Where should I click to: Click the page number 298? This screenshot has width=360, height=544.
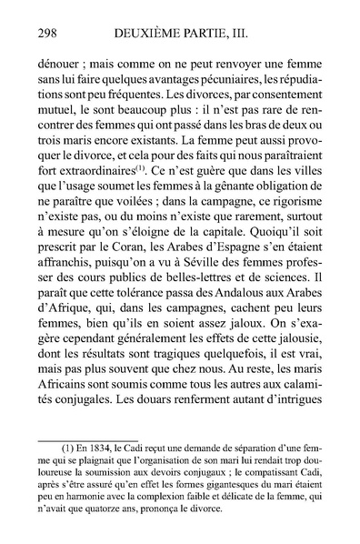click(x=41, y=35)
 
